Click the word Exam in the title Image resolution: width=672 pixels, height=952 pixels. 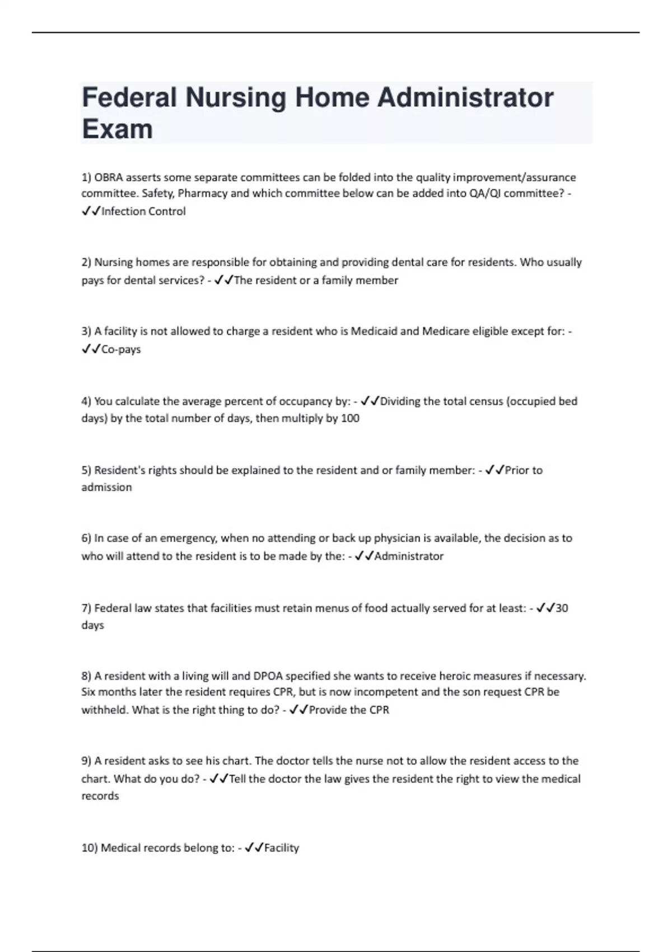(x=117, y=129)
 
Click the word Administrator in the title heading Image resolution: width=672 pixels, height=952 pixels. (x=465, y=97)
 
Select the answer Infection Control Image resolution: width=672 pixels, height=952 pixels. (x=143, y=211)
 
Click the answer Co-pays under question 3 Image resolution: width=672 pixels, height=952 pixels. (x=121, y=349)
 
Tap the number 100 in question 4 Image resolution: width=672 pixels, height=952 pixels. (x=350, y=418)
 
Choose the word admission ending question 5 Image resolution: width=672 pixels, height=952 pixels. (x=106, y=487)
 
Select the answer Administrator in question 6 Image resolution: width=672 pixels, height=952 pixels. (x=409, y=556)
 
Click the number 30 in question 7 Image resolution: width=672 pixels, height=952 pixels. (x=562, y=608)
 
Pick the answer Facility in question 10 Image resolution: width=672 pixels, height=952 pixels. (x=281, y=848)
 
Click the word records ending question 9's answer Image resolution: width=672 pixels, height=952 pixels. (x=100, y=796)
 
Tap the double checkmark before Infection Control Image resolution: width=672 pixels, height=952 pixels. (x=91, y=211)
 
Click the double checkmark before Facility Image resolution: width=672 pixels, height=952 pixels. (x=254, y=848)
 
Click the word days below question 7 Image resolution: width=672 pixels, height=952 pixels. (x=92, y=625)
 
